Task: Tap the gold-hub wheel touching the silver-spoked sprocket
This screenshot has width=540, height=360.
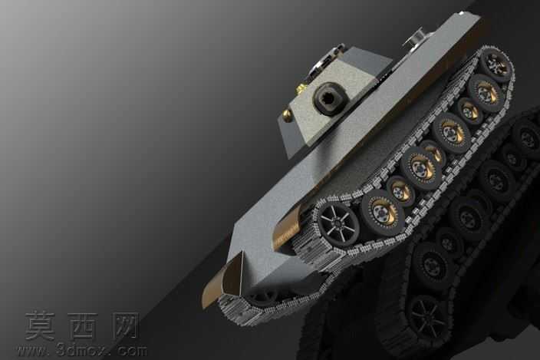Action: pyautogui.click(x=382, y=210)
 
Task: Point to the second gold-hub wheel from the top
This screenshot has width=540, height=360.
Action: pyautogui.click(x=486, y=92)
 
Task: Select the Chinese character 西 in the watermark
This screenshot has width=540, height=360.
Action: pyautogui.click(x=81, y=325)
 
